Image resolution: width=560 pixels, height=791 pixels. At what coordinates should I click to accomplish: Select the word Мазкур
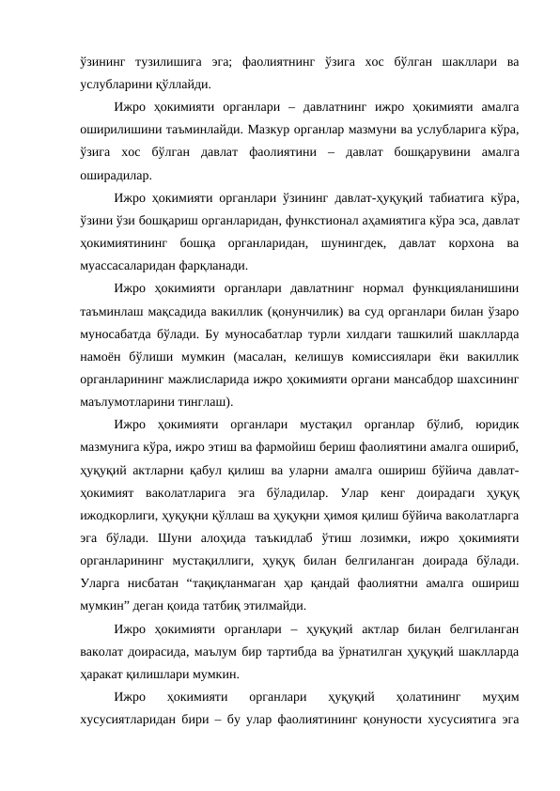[x=275, y=129]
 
